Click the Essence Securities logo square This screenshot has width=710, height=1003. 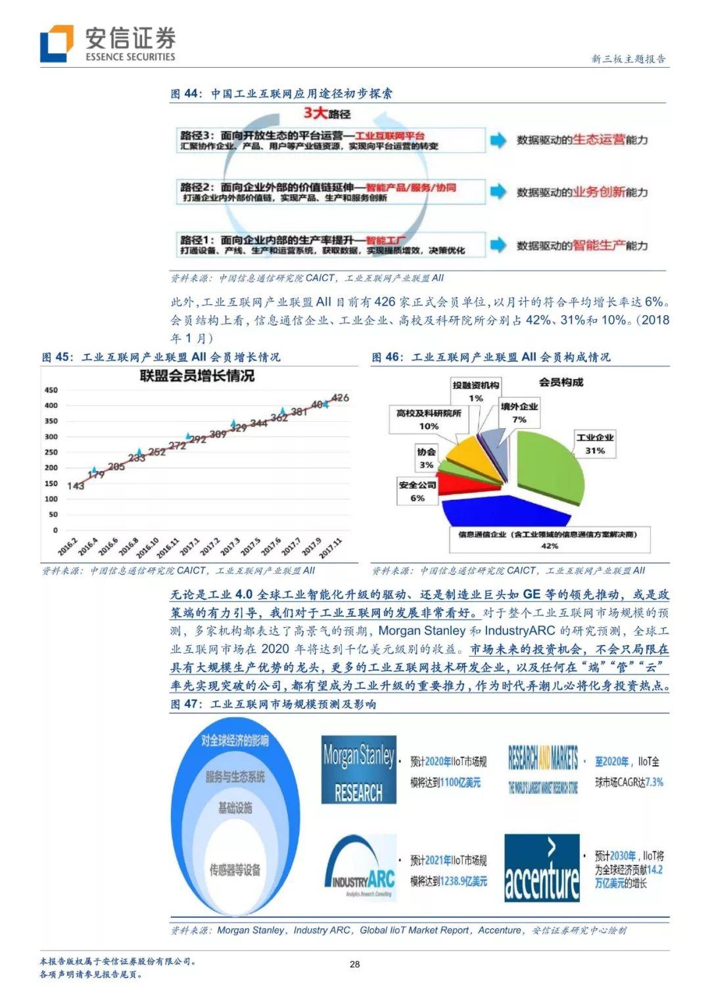tap(56, 43)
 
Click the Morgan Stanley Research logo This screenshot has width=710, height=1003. tap(359, 770)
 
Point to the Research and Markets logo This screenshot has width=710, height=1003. tap(542, 769)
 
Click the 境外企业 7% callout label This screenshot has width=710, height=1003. tap(519, 412)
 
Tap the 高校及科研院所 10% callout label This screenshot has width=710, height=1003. tap(429, 419)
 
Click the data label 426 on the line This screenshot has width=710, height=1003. tap(341, 397)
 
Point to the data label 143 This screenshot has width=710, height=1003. tap(76, 485)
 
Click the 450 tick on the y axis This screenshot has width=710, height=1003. tap(51, 390)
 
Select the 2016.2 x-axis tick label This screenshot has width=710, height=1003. tap(67, 546)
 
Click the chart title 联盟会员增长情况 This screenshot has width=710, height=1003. tap(197, 376)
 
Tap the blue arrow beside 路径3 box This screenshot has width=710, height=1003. tap(498, 139)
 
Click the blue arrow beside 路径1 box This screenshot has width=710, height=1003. tap(498, 244)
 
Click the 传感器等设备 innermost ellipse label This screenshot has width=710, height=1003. tap(235, 870)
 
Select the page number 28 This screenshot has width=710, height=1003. tap(354, 964)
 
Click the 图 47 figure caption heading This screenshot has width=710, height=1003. tap(273, 704)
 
